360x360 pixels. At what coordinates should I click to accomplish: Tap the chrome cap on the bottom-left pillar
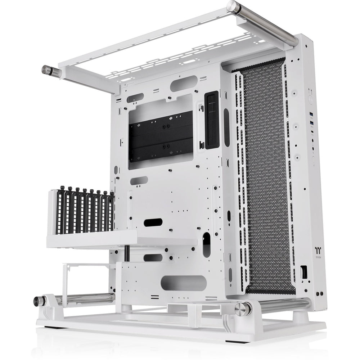pyautogui.click(x=37, y=301)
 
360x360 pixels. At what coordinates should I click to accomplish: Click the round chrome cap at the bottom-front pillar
pyautogui.click(x=243, y=309)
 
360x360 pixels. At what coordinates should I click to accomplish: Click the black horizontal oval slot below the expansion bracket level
pyautogui.click(x=153, y=222)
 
